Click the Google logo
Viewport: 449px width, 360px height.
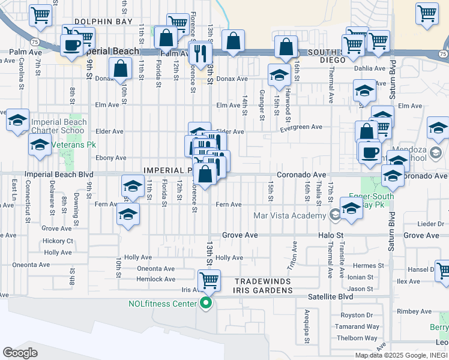point(20,352)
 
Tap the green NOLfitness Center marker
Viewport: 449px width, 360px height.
point(206,303)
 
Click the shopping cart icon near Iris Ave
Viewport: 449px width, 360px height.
point(209,280)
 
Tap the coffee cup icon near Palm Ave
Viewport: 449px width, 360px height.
point(71,44)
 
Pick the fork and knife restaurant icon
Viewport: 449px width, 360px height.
point(200,52)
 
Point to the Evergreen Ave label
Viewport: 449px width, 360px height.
point(302,127)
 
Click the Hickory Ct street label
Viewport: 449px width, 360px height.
point(58,241)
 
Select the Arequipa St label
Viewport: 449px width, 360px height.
point(306,326)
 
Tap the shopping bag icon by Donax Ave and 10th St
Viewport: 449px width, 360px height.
point(121,68)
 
